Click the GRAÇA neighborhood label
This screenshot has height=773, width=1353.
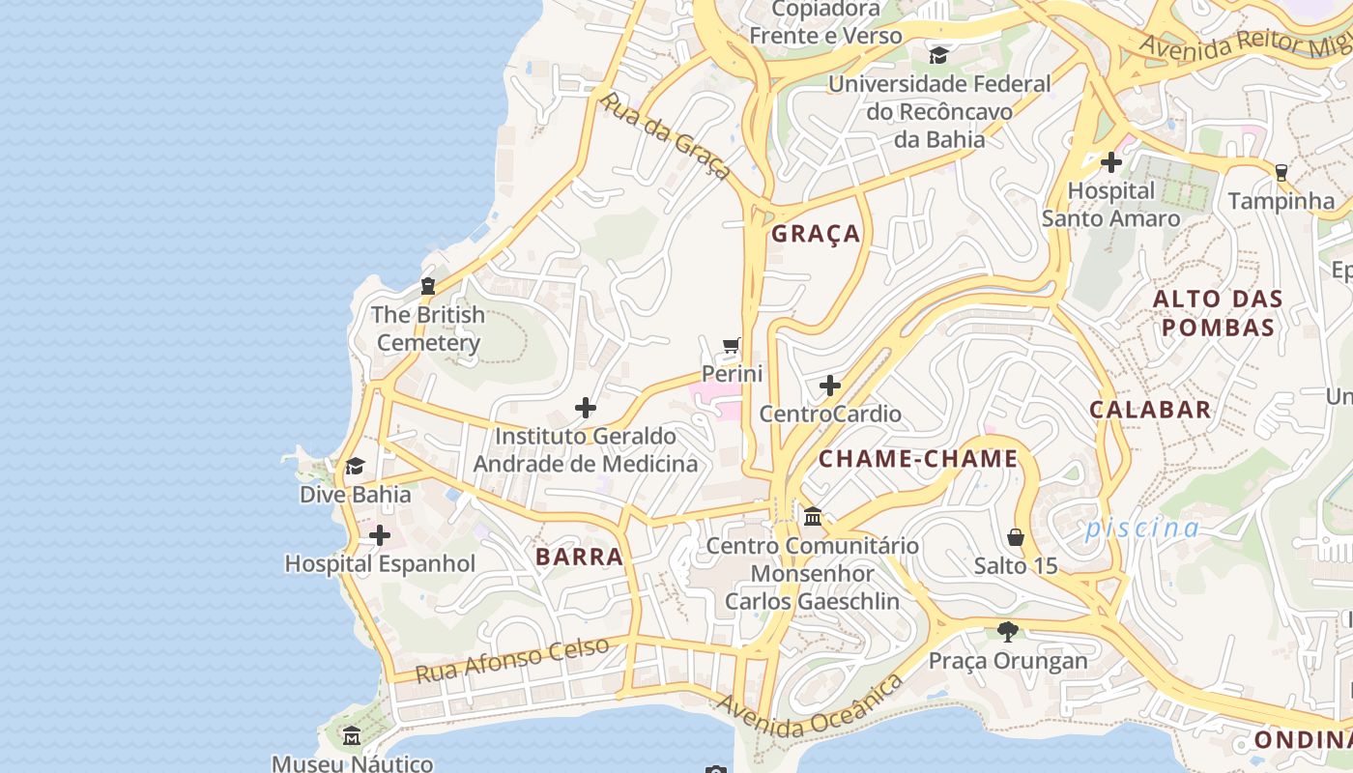click(816, 234)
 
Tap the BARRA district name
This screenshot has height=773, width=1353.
click(579, 557)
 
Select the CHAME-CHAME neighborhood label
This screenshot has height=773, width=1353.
click(918, 459)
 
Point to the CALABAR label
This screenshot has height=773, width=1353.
click(1150, 409)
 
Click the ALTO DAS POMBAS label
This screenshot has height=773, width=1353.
click(1218, 313)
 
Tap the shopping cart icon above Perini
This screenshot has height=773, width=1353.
click(732, 346)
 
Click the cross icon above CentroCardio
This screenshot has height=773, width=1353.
click(829, 386)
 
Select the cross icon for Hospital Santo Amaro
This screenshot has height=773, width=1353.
click(1111, 162)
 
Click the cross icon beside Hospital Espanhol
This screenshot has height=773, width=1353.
click(380, 534)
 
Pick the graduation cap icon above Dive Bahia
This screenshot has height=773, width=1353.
click(355, 467)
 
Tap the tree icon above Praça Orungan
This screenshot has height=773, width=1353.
click(1008, 632)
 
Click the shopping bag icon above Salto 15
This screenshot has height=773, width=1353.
click(1016, 536)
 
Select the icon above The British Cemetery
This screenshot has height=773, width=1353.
click(427, 286)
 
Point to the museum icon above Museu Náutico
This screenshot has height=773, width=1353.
click(352, 736)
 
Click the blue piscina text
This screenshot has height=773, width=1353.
click(1141, 529)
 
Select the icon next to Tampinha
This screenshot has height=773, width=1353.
click(1281, 173)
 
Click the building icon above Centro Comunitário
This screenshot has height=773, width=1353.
click(813, 517)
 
